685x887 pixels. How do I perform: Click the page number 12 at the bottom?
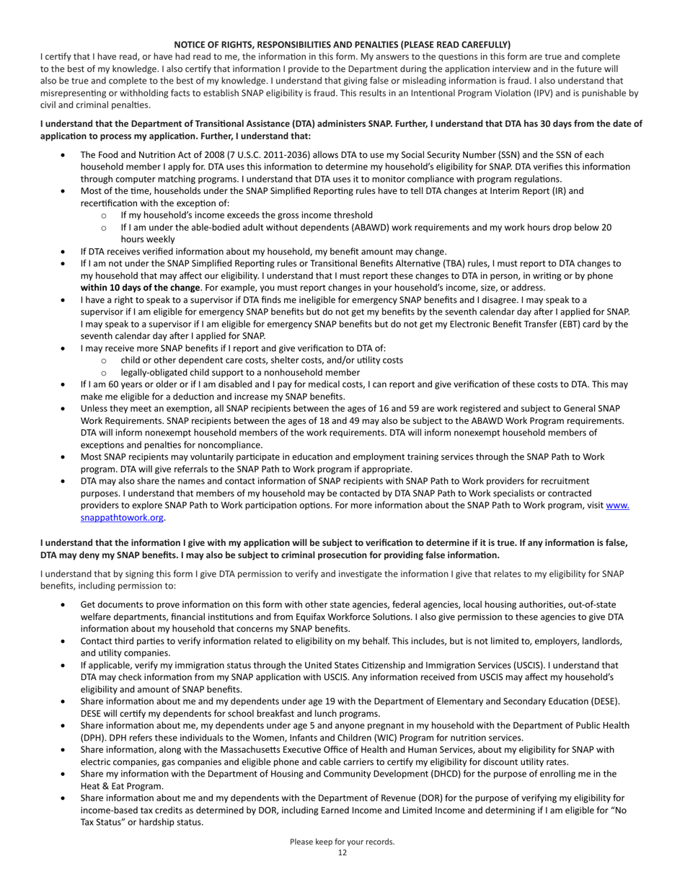tap(342, 852)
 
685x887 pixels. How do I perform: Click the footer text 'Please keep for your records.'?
tap(342, 842)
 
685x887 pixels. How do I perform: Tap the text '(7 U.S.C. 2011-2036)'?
tap(272, 155)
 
